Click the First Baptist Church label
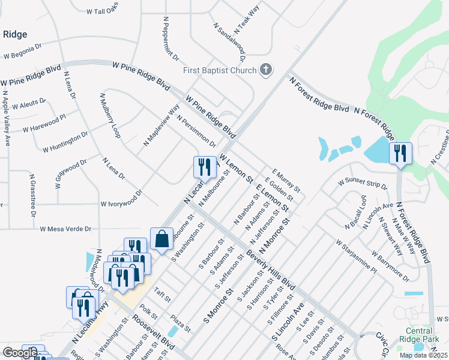pos(220,71)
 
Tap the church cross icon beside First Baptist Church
pos(267,71)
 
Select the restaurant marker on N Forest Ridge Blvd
pos(400,154)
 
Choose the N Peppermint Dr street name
pos(171,39)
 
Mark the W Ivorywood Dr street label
pos(121,199)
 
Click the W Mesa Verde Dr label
pos(65,229)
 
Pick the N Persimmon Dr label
pos(196,131)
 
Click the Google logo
pos(20,353)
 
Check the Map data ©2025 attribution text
pos(423,355)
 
